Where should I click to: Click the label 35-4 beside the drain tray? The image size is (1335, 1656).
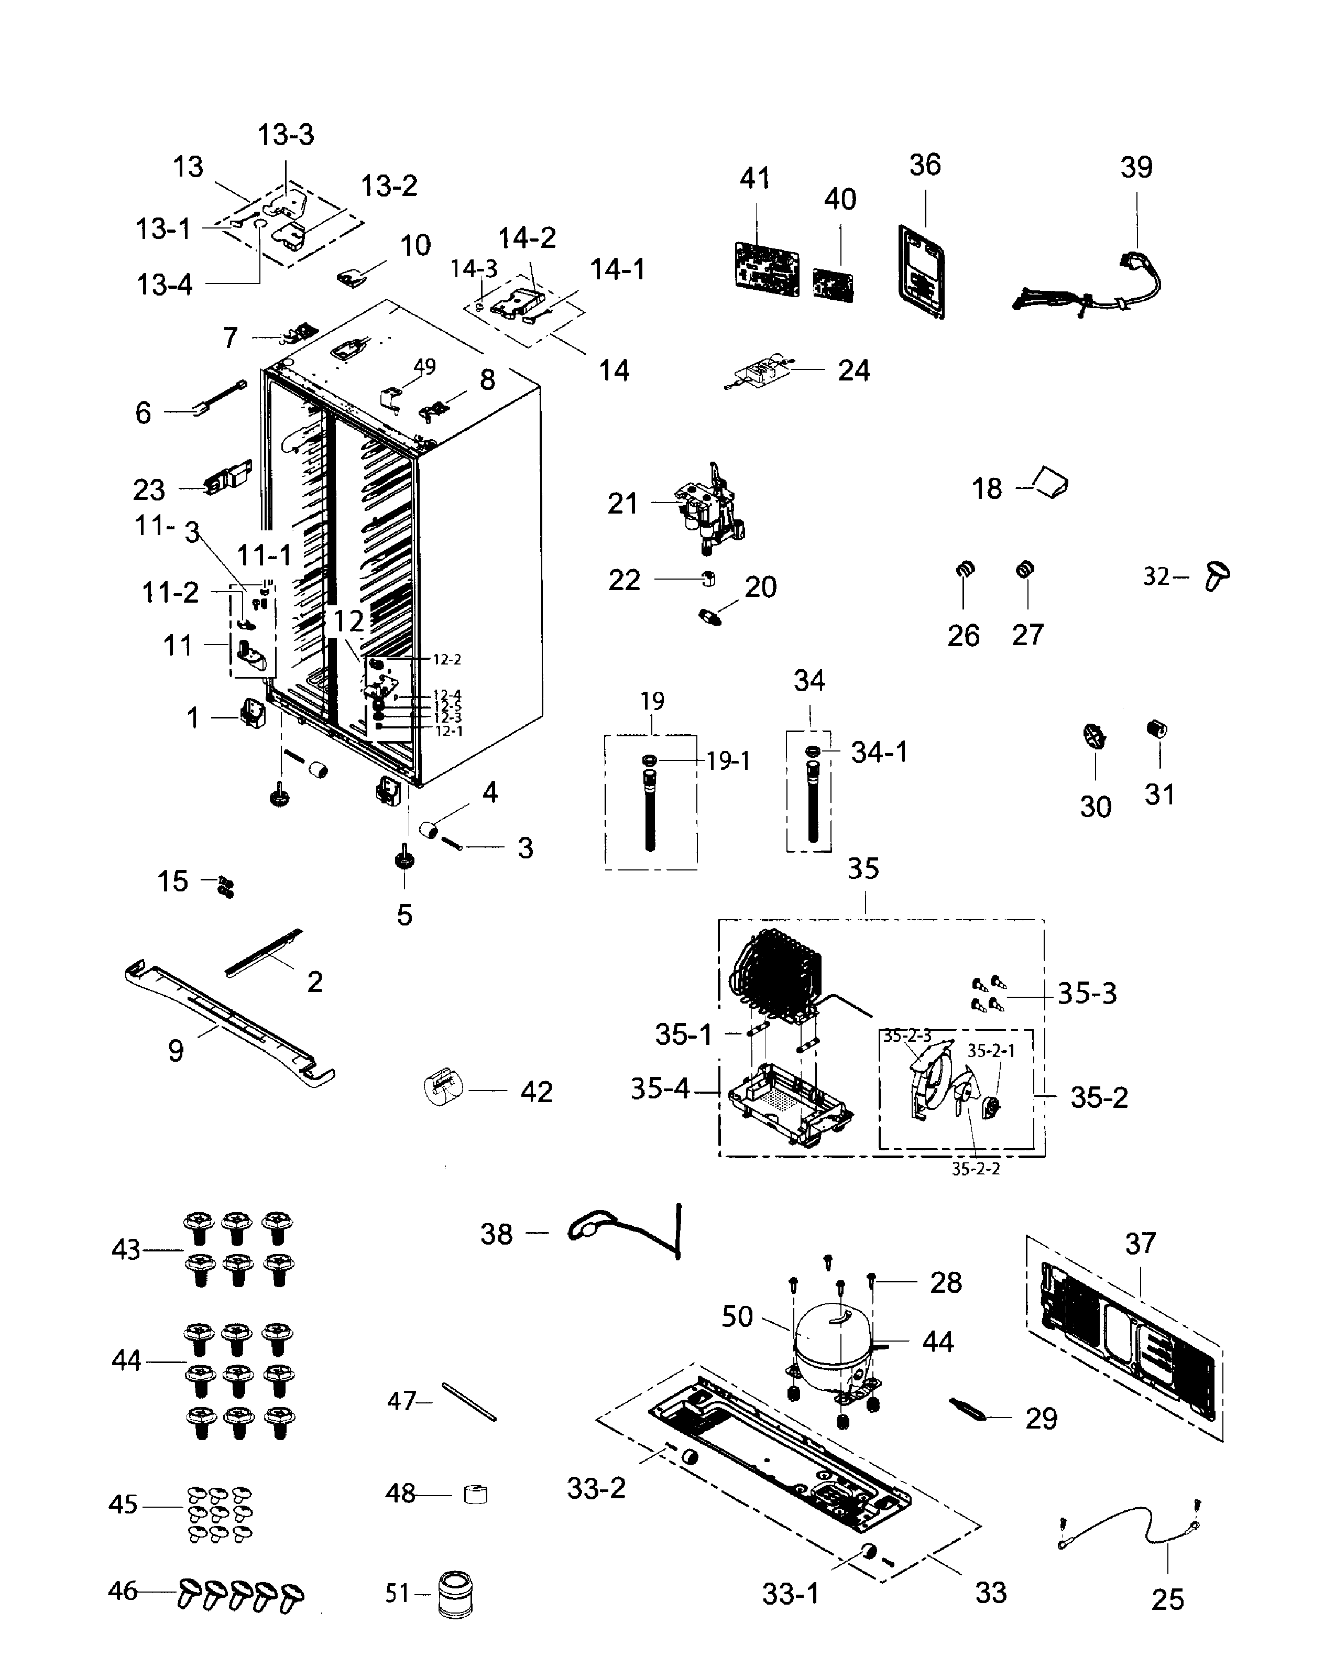[x=659, y=1088]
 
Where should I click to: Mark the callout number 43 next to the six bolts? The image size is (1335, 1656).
[x=126, y=1250]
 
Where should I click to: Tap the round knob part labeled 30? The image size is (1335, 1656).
[x=1095, y=736]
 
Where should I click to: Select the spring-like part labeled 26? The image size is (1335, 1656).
[x=965, y=570]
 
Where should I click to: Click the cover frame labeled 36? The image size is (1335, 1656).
[x=921, y=271]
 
